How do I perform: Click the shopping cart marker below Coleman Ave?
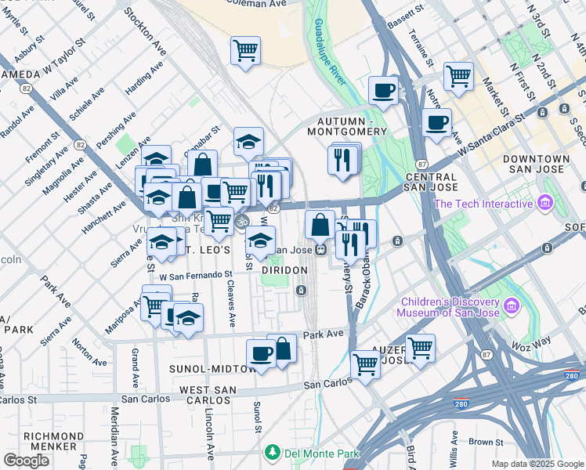245,52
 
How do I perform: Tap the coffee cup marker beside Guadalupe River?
383,91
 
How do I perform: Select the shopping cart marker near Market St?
458,78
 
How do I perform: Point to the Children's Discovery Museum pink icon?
513,304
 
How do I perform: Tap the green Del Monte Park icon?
272,452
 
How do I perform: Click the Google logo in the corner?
26,461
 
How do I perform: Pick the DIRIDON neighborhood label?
284,269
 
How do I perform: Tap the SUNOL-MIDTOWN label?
208,367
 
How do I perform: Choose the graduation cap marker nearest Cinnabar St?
248,143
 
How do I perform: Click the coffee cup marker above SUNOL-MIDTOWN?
261,355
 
